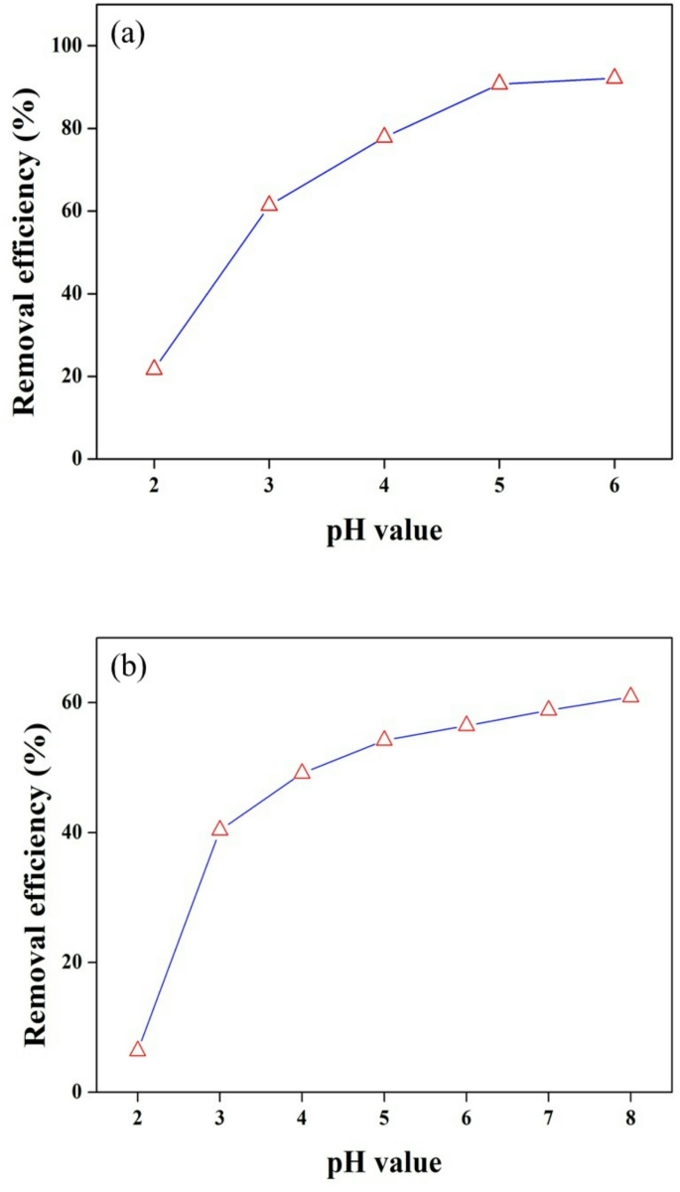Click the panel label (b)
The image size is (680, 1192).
129,665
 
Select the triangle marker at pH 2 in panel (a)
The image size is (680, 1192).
154,368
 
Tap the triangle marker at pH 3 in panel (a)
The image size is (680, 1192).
269,204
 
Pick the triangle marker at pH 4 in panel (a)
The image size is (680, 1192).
384,136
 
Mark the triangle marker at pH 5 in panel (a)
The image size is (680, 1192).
499,82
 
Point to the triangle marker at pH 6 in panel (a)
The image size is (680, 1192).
614,76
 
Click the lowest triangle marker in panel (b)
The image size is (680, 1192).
138,1049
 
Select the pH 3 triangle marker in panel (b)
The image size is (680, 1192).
220,828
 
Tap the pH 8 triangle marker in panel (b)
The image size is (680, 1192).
630,695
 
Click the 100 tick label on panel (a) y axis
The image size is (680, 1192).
67,46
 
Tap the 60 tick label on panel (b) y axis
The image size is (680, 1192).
71,702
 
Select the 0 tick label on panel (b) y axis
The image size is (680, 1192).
77,1092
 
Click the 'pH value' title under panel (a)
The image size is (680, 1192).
384,531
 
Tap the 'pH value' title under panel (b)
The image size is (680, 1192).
384,1161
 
